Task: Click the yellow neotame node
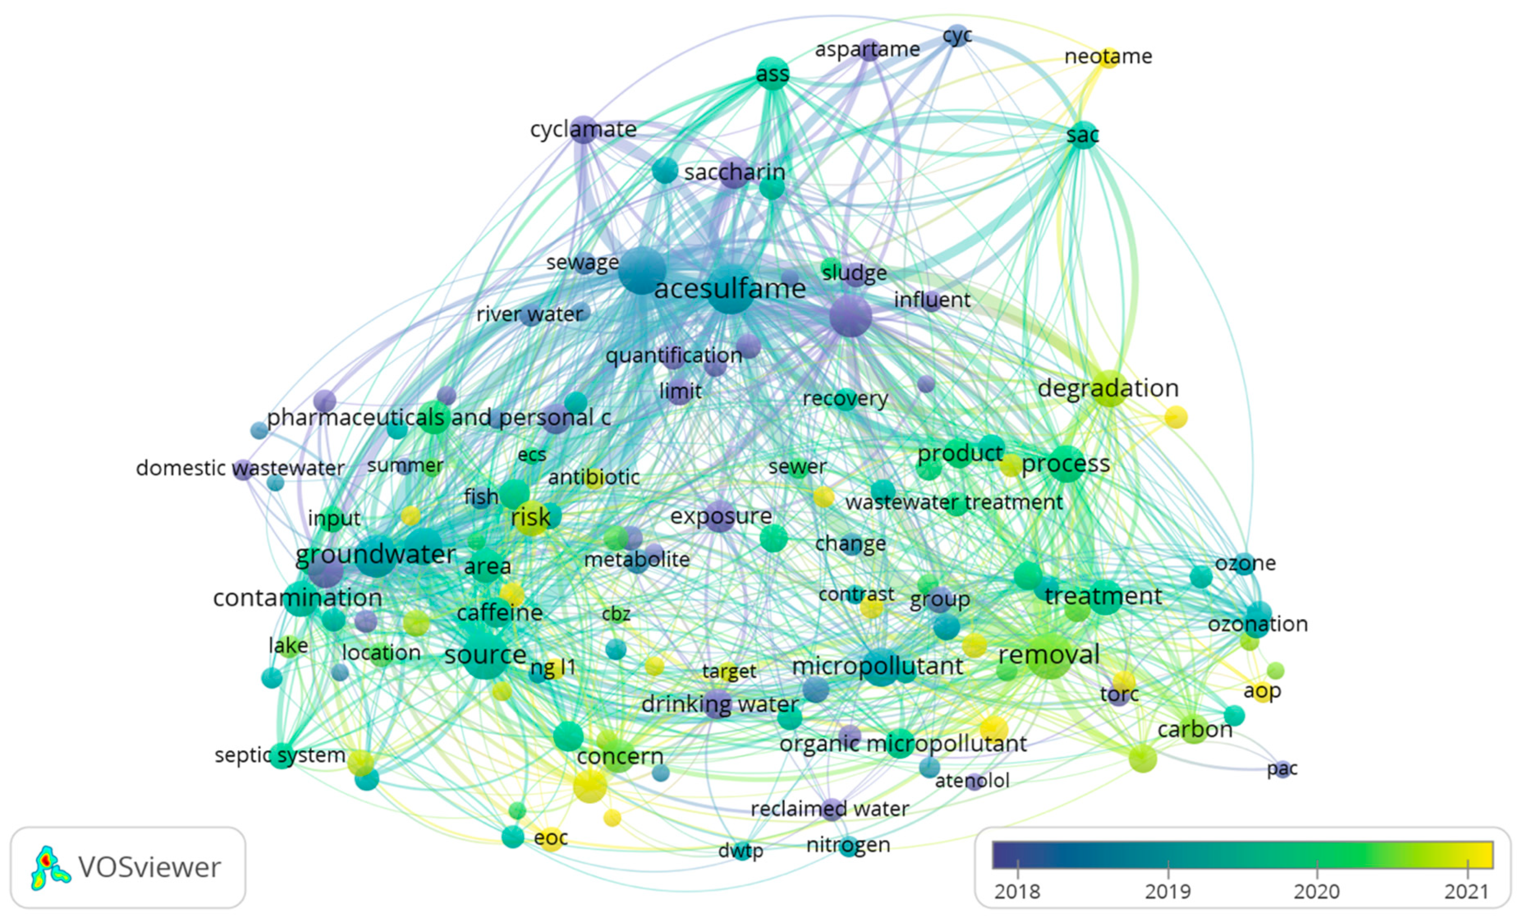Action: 1109,57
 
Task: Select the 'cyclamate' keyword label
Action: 583,129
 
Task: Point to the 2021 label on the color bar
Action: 1467,892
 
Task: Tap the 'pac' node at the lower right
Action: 1283,769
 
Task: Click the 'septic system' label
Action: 280,755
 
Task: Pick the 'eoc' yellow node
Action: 551,839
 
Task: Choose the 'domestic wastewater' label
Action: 240,468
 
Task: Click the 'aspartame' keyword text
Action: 867,49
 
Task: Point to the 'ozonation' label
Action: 1258,624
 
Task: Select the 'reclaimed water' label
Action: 830,808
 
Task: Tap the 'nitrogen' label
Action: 848,845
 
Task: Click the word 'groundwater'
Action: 376,555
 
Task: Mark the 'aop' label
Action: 1262,692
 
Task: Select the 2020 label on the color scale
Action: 1317,892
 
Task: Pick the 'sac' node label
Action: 1083,135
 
